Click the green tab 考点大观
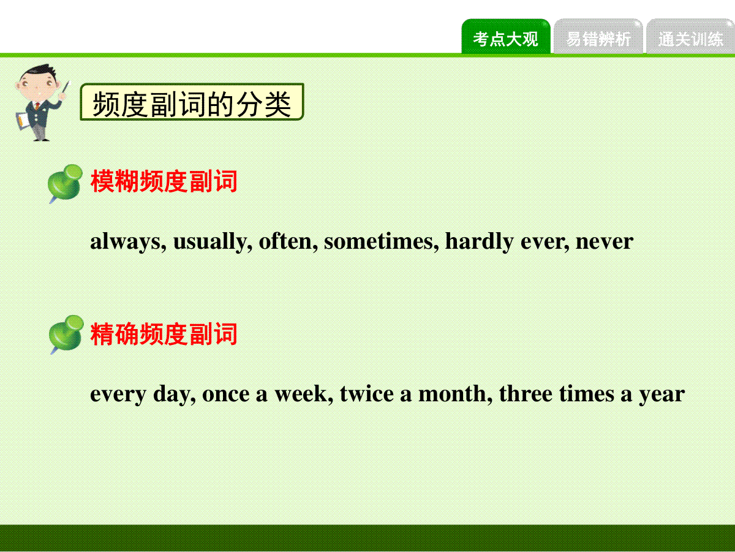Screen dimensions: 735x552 (506, 36)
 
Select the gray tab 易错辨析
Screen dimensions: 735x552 (598, 36)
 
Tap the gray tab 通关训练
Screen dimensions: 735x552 (690, 36)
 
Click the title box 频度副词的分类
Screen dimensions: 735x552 (192, 102)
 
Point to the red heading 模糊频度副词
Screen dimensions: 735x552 (164, 181)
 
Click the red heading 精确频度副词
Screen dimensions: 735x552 (164, 334)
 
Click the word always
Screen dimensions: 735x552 (128, 241)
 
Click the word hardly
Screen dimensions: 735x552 (479, 241)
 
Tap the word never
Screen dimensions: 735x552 (605, 243)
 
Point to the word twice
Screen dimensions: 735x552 (367, 393)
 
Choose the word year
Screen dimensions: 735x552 (662, 395)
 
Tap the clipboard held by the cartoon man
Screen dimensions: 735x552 (23, 121)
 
